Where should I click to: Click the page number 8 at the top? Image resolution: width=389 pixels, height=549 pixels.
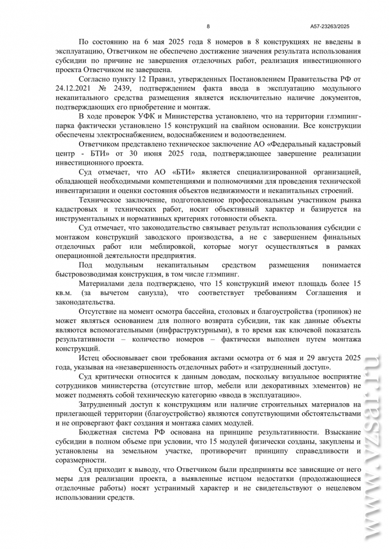point(208,26)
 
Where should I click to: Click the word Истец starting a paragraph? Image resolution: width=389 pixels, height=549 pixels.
point(89,357)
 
